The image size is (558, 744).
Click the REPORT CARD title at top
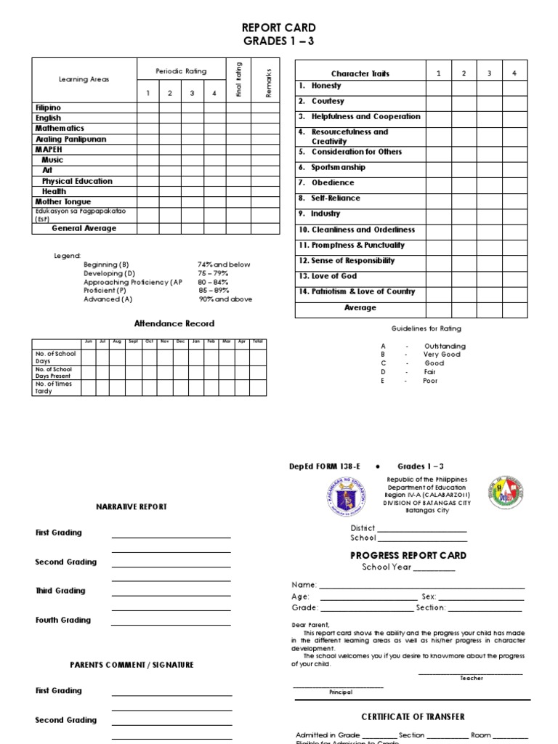[x=278, y=28]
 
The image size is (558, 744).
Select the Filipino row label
[x=48, y=107]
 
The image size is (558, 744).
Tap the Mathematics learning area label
[x=60, y=128]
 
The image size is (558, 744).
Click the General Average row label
[x=84, y=228]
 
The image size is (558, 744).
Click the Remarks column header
[x=268, y=79]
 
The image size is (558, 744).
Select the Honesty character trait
[x=325, y=86]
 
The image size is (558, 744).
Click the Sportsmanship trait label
[x=338, y=167]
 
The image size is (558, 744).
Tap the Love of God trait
[x=333, y=276]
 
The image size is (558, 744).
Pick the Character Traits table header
[x=360, y=73]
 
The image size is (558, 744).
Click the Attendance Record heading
[x=174, y=323]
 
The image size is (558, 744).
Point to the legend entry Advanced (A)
[x=108, y=299]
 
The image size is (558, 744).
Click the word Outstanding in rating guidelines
[x=445, y=346]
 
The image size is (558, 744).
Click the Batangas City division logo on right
[x=504, y=495]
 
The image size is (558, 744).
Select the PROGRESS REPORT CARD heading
[x=408, y=555]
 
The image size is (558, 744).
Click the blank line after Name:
[x=421, y=586]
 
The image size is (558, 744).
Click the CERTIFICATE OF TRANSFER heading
[x=413, y=716]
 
